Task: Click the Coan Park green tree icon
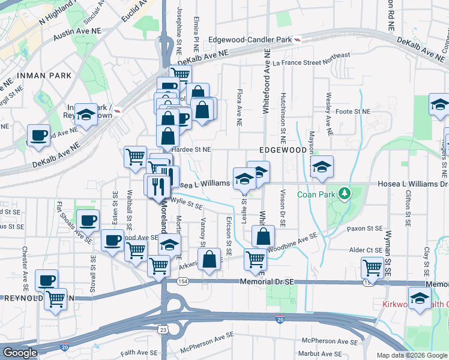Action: (x=344, y=193)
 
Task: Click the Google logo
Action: (x=20, y=353)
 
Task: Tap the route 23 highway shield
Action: (x=163, y=329)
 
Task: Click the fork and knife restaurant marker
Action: (x=158, y=185)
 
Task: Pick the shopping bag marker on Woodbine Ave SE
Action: (x=263, y=236)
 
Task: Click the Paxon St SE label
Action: (x=365, y=229)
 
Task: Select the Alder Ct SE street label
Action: (x=366, y=250)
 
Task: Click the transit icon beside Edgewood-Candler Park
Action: (x=297, y=40)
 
